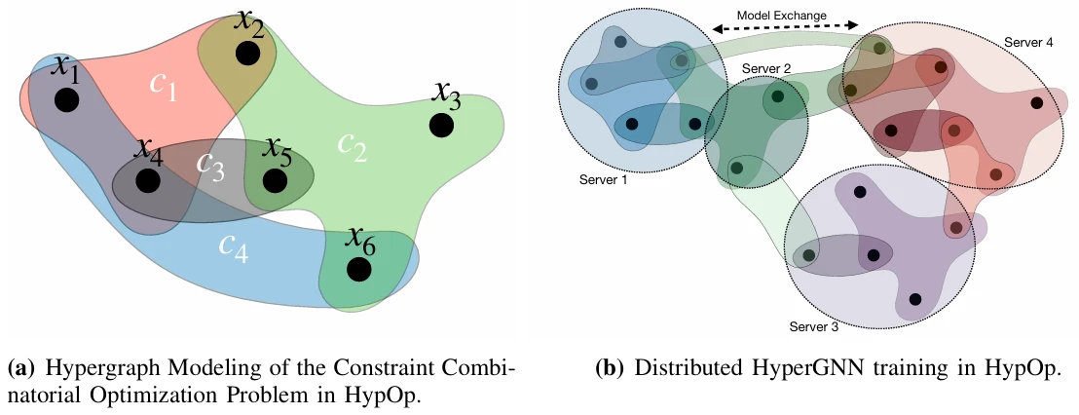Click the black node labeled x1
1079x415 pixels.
click(x=66, y=100)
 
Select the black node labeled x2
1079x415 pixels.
click(x=248, y=56)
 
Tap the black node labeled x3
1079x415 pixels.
click(x=441, y=126)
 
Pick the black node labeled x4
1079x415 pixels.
click(x=148, y=181)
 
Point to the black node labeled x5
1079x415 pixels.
click(x=276, y=181)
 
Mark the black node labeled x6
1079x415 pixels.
click(x=358, y=270)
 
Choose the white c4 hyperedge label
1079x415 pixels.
click(x=233, y=249)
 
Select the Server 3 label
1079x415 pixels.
click(x=814, y=326)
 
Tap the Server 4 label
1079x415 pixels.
click(x=1027, y=43)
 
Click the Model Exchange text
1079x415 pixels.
click(x=784, y=17)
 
